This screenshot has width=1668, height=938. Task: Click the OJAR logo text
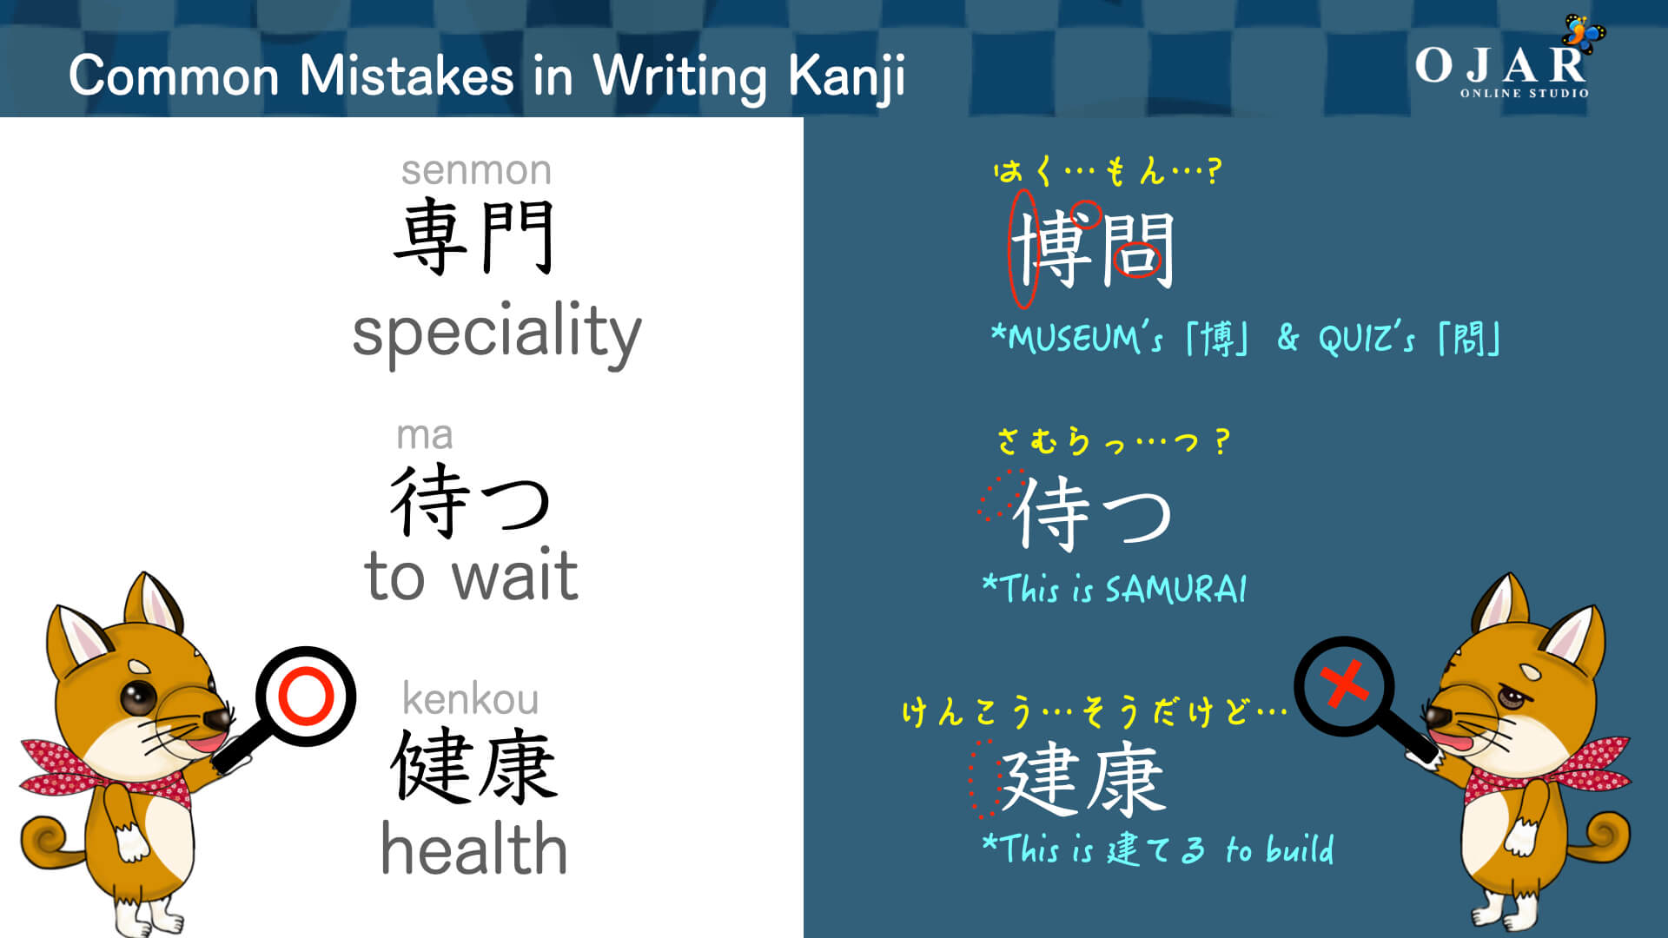point(1500,66)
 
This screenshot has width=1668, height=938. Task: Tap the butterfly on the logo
point(1583,33)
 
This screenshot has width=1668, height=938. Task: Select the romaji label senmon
point(476,170)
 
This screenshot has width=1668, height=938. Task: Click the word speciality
point(496,333)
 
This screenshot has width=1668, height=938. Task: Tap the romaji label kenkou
point(470,699)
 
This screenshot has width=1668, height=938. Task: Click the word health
point(474,849)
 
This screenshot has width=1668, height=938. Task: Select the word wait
point(515,576)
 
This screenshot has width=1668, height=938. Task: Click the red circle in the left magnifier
point(306,695)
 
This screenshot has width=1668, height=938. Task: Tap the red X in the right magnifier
point(1344,684)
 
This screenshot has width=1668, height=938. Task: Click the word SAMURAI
point(1175,590)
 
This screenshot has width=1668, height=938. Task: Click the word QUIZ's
point(1366,339)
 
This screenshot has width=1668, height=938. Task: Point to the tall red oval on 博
point(1023,249)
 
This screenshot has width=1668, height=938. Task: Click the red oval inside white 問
point(1137,258)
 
